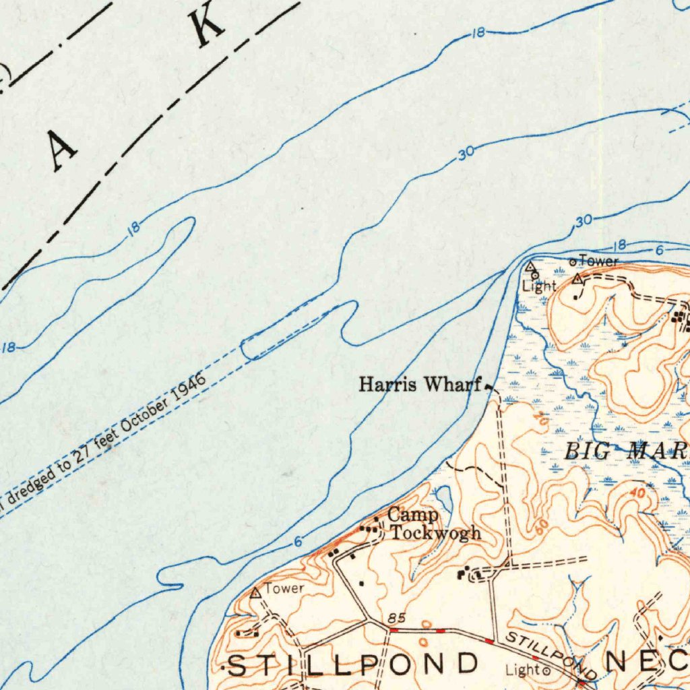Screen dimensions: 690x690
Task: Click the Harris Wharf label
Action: (x=421, y=385)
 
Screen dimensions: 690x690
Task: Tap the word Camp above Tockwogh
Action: (x=413, y=515)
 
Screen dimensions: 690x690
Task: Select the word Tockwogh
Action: (x=437, y=532)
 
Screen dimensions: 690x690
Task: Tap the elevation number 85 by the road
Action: (x=396, y=619)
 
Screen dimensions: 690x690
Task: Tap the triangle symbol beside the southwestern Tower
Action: (x=255, y=593)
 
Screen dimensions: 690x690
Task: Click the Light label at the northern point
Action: (x=540, y=286)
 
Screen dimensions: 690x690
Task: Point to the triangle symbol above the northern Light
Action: (x=530, y=266)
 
